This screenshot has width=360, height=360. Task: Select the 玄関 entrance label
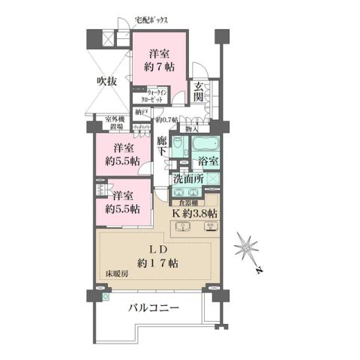(199, 92)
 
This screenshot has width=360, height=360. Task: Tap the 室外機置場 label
(115, 123)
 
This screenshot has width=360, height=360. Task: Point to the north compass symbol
(247, 247)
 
